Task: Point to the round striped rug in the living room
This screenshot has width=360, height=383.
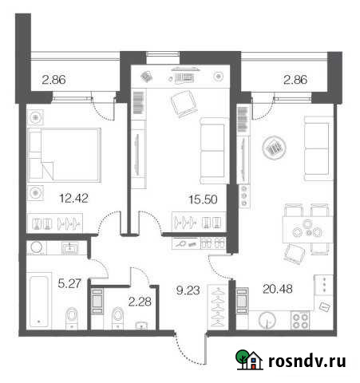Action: coord(274,147)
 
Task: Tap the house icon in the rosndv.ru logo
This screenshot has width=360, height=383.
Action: coord(248,361)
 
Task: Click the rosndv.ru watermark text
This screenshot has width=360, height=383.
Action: coord(307,361)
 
